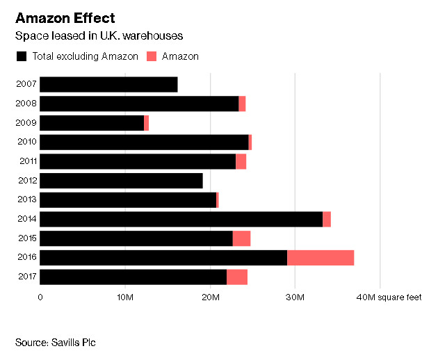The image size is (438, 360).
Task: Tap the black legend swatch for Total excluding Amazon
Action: click(21, 56)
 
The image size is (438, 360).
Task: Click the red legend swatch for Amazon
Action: click(152, 56)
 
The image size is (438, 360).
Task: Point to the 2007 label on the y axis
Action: click(26, 85)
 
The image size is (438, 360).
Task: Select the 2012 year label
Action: click(26, 181)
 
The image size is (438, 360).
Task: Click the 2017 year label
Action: click(26, 277)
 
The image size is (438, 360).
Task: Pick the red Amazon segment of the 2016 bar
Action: click(321, 258)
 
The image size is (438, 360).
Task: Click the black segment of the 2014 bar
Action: click(181, 219)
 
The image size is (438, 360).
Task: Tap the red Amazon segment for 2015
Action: click(241, 238)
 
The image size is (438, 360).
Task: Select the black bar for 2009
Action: click(92, 123)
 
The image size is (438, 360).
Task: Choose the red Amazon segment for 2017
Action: click(237, 277)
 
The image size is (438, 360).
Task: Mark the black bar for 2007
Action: click(108, 85)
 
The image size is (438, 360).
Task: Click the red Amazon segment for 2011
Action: click(241, 162)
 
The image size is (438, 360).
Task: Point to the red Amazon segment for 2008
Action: click(242, 104)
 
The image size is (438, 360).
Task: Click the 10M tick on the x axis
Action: click(125, 297)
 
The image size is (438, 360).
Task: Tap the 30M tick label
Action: click(295, 297)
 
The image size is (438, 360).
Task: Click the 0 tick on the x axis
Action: click(40, 297)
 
